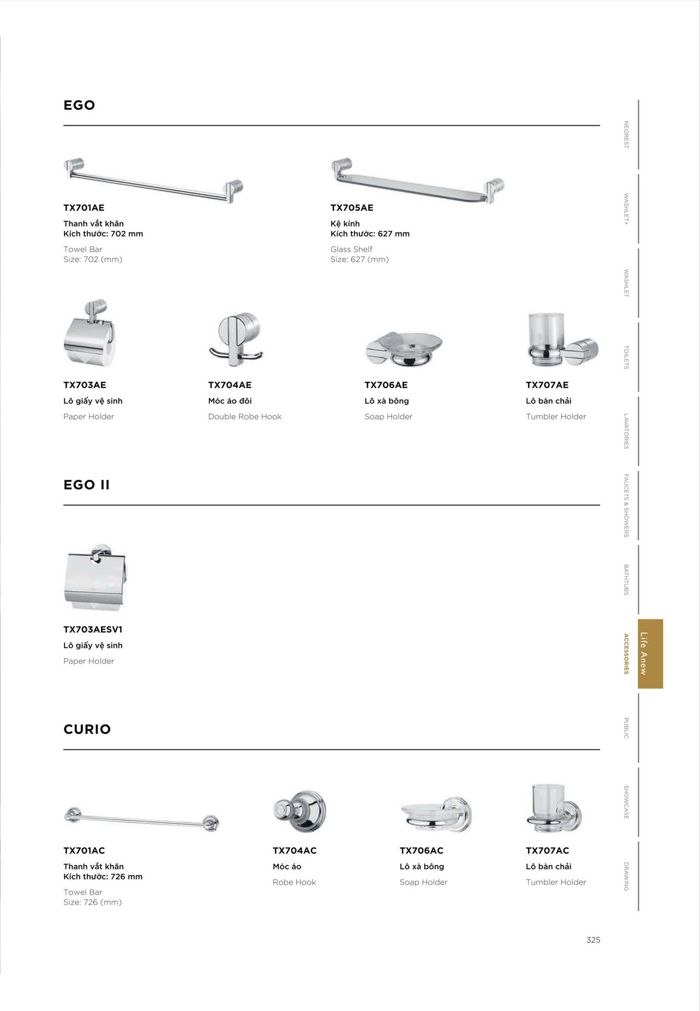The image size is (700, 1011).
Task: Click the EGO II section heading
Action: tap(86, 485)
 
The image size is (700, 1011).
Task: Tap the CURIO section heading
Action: tap(87, 729)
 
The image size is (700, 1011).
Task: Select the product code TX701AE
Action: tap(84, 208)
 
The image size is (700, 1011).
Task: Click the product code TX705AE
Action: tap(352, 208)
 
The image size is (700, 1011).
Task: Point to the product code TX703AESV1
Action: tap(93, 629)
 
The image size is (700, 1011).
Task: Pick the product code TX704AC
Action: tap(295, 850)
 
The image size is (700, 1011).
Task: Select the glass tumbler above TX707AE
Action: tap(546, 331)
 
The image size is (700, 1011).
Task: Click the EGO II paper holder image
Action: tap(95, 577)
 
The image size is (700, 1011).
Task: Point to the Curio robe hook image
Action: tap(299, 811)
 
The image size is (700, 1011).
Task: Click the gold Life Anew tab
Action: tap(650, 654)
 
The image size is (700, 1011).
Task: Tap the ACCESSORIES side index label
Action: tap(626, 654)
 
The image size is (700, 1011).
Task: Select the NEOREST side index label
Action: tap(626, 134)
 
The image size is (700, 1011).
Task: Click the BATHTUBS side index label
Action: tap(626, 579)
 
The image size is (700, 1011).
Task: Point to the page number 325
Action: tap(593, 940)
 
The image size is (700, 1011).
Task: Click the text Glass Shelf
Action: tap(351, 249)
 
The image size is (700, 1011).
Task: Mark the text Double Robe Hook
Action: tap(245, 417)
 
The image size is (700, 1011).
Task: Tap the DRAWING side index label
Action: tap(626, 876)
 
